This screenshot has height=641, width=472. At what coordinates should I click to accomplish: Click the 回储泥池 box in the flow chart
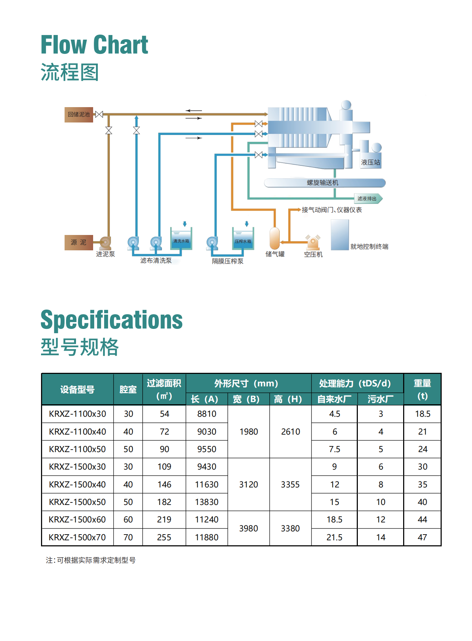(x=79, y=115)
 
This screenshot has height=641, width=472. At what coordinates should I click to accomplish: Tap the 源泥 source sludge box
(x=78, y=242)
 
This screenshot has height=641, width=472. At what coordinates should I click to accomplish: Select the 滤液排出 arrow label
(x=368, y=199)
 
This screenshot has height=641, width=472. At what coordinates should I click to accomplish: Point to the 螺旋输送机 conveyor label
(x=323, y=183)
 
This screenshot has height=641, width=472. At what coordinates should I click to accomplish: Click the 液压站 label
(x=370, y=162)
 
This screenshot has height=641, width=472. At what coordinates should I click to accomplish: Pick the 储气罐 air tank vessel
(x=275, y=238)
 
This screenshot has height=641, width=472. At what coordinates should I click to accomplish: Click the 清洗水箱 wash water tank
(x=181, y=239)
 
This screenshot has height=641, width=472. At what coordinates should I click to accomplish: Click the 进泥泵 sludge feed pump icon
(x=105, y=242)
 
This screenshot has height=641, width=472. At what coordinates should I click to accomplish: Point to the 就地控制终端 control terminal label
(x=369, y=247)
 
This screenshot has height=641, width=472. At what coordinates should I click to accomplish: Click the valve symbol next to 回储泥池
(x=99, y=115)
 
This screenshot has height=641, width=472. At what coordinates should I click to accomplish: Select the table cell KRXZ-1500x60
(x=77, y=520)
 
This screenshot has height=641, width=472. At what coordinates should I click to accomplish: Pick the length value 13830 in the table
(x=207, y=502)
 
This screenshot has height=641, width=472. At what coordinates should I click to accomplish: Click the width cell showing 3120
(x=249, y=485)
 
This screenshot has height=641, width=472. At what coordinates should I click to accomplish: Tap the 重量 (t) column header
(x=422, y=389)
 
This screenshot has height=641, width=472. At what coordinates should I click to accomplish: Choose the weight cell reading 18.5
(x=423, y=414)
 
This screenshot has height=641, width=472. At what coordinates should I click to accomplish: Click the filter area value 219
(x=164, y=520)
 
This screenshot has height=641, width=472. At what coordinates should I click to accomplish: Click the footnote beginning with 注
(x=91, y=560)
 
